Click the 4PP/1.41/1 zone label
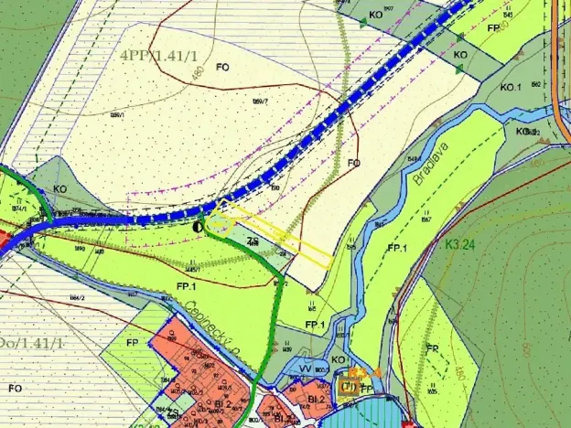click(159, 54)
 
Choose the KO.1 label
click(511, 88)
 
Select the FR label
click(432, 348)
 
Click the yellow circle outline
click(219, 221)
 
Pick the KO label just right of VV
click(339, 360)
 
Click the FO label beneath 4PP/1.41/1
click(221, 67)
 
